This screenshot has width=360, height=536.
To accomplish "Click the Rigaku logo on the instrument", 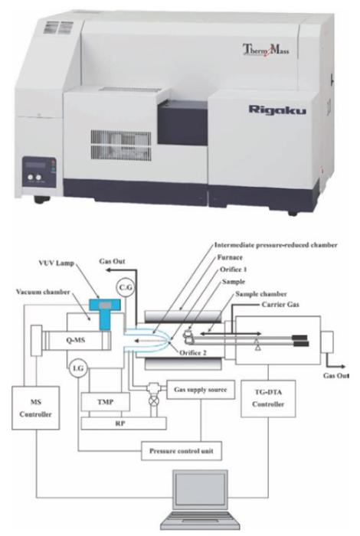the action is [277, 110].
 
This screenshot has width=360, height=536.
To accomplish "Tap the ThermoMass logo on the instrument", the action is [266, 50].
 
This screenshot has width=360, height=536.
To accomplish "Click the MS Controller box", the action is [35, 408].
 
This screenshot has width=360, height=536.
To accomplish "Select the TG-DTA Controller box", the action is [268, 398].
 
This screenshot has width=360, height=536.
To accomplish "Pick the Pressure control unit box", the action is [182, 451].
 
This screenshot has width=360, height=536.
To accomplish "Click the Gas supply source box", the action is [201, 390].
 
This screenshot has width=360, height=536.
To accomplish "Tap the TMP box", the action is [105, 402].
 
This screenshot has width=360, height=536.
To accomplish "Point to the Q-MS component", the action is [76, 340].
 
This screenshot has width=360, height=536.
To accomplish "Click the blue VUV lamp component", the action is [105, 312].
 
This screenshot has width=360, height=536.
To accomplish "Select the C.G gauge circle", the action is [125, 287].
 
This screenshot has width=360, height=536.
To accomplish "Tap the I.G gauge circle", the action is [78, 368].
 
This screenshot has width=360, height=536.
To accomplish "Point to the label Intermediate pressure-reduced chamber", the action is [276, 245].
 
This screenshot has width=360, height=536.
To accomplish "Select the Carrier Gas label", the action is [280, 304].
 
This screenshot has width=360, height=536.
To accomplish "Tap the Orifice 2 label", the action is [193, 353].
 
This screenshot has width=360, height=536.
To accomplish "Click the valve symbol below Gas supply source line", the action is [155, 401].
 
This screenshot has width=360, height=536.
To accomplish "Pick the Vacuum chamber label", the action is [43, 292].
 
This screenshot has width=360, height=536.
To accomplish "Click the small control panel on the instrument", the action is [38, 172].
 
